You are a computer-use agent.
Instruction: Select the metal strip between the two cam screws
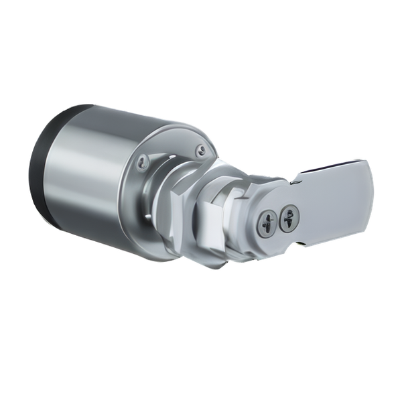(278, 218)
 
